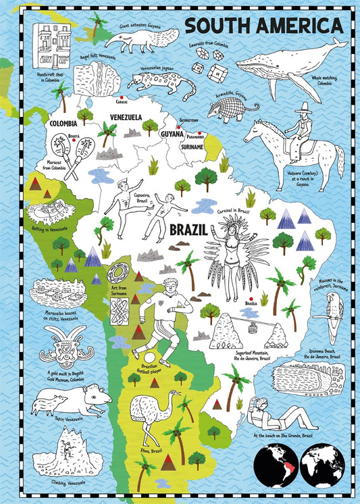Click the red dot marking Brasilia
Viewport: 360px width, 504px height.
[250, 298]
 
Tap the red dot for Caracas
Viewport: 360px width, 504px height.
[122, 97]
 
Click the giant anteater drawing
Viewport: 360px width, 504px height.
[143, 40]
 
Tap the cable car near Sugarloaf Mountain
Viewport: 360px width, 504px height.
[254, 330]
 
